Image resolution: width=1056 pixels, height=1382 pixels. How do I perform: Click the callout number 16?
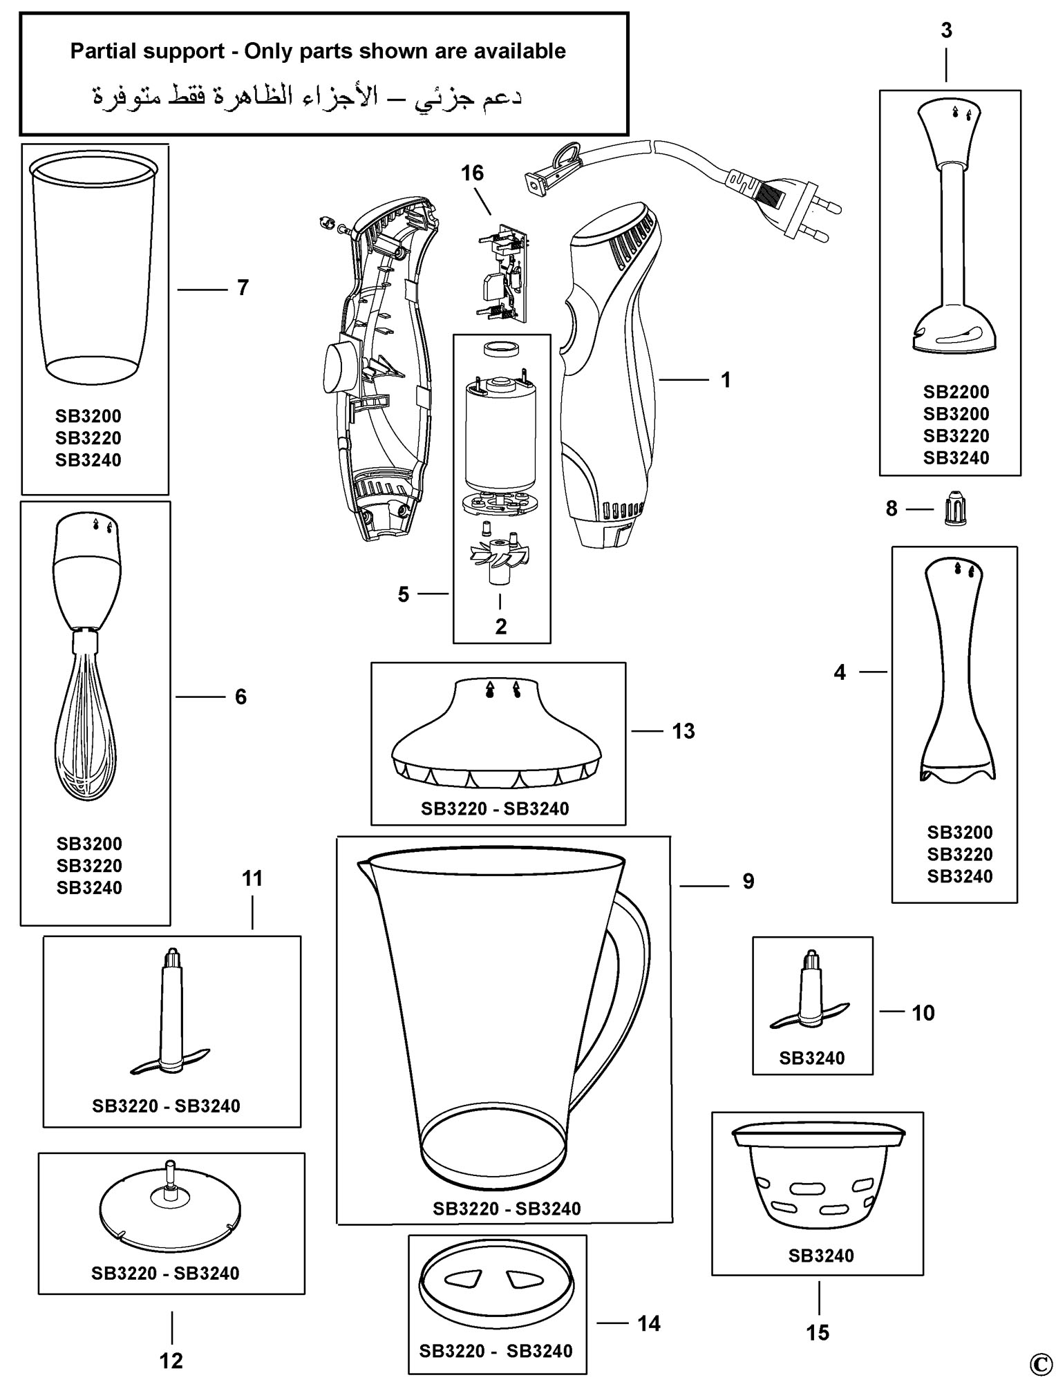[x=473, y=173]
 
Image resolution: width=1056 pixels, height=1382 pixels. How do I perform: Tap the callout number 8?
[x=892, y=509]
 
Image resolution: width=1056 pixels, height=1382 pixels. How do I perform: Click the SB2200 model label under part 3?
[x=956, y=392]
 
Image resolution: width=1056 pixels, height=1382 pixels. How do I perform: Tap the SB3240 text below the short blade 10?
[x=812, y=1058]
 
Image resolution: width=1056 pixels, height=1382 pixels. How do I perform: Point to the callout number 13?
[x=683, y=731]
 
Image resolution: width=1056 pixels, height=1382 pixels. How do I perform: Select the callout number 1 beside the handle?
[x=726, y=379]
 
